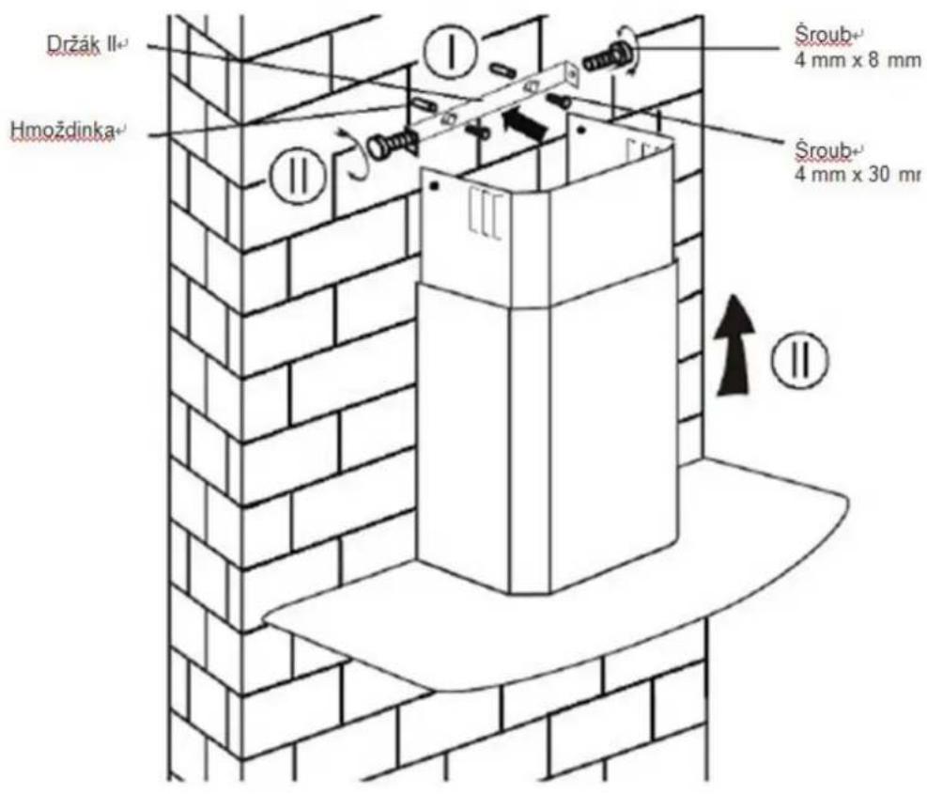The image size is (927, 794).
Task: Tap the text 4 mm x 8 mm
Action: tap(857, 61)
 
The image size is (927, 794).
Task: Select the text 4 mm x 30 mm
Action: tap(857, 176)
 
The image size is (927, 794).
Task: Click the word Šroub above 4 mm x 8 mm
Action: tap(823, 36)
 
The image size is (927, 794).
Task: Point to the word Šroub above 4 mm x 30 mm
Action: tap(823, 150)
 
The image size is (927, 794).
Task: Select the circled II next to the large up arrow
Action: tap(800, 359)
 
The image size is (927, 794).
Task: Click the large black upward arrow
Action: tap(734, 345)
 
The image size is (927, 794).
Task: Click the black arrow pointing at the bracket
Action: tap(524, 122)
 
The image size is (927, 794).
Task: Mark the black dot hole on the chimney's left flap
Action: tap(435, 186)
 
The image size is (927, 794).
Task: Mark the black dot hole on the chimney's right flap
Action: tap(580, 130)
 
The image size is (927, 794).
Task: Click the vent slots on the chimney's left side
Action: tap(486, 213)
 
